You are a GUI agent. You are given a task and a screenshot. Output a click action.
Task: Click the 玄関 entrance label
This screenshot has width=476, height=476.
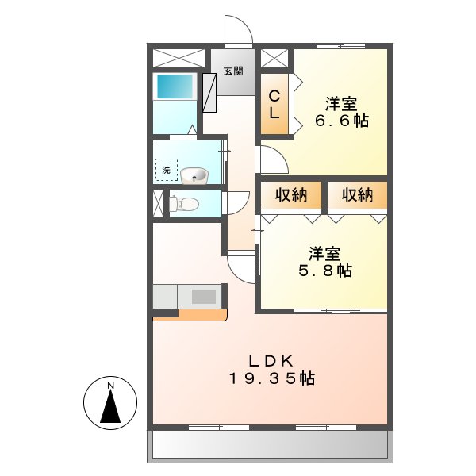pyautogui.click(x=232, y=71)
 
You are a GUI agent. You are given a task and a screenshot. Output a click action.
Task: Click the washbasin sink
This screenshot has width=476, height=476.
pyautogui.click(x=194, y=175)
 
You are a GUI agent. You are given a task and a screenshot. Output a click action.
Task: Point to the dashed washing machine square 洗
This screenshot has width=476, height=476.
pyautogui.click(x=167, y=170)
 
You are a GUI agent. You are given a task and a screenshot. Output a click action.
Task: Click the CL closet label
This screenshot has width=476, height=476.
pyautogui.click(x=274, y=104)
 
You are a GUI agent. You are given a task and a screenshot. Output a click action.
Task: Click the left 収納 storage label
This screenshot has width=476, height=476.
pyautogui.click(x=290, y=195)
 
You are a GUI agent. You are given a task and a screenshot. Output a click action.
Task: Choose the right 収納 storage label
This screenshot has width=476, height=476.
pyautogui.click(x=357, y=195)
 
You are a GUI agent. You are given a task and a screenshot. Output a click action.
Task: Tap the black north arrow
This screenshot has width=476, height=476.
pyautogui.click(x=112, y=409)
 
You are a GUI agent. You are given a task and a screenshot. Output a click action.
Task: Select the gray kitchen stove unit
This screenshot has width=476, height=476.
pyautogui.click(x=203, y=297)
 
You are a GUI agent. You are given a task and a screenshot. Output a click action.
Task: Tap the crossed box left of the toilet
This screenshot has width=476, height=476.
pyautogui.click(x=157, y=203)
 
